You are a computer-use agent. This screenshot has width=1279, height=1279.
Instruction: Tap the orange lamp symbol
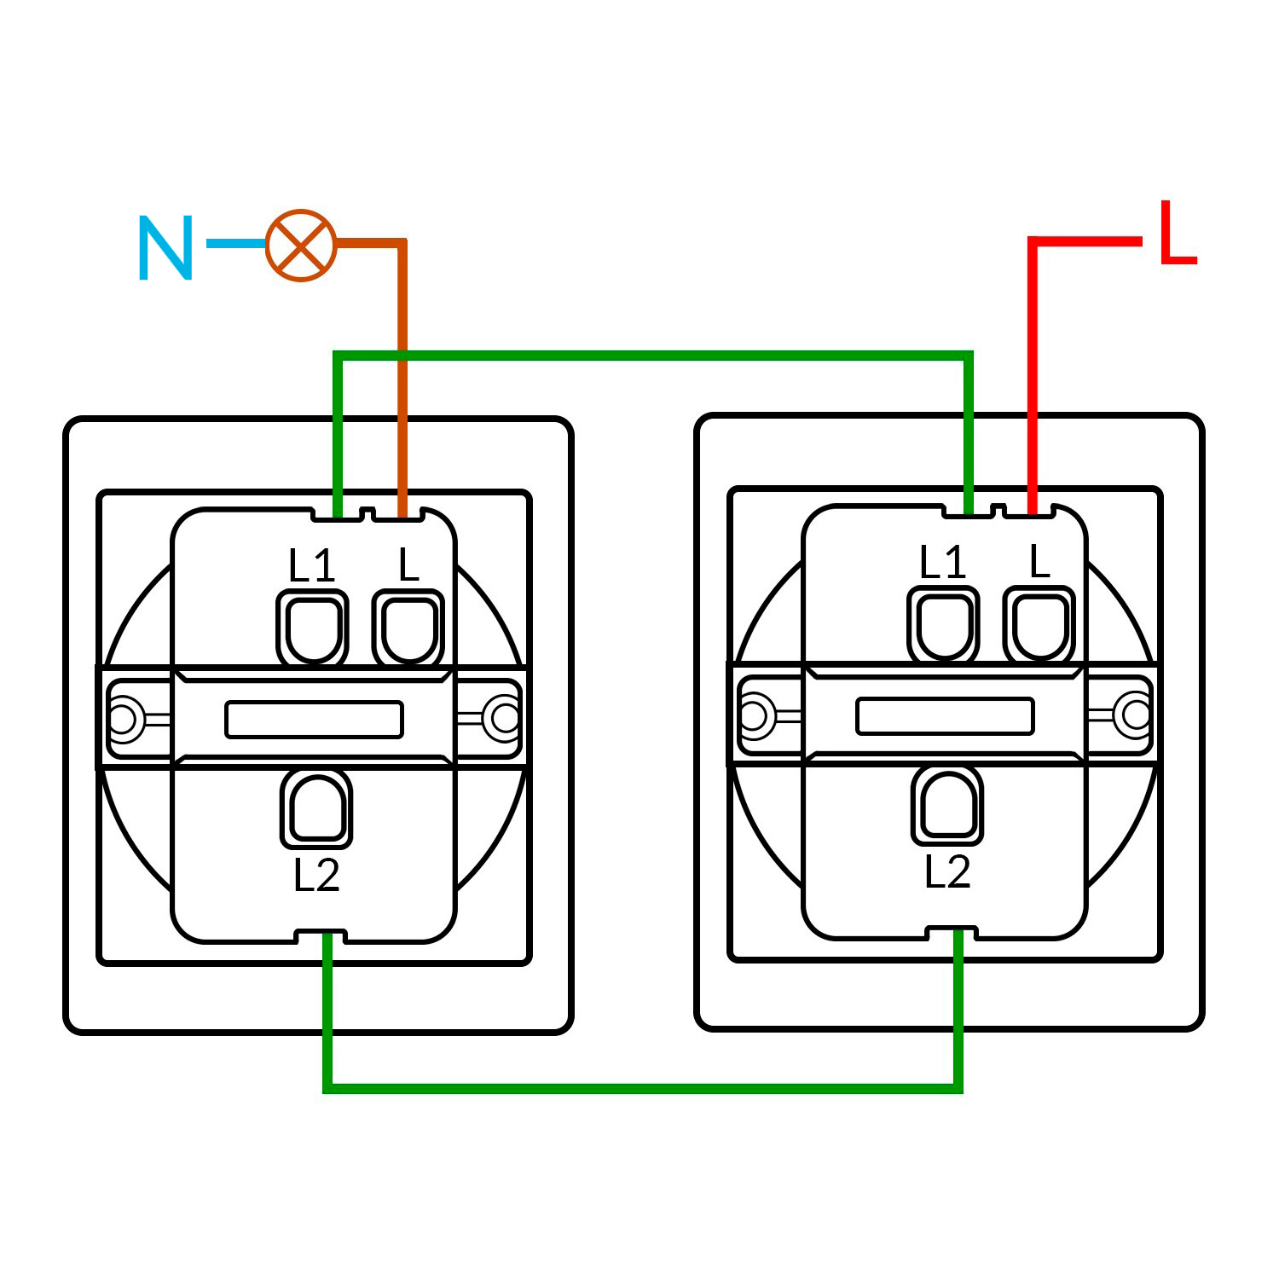[x=301, y=245]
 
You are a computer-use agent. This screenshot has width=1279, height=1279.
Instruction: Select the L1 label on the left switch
[x=311, y=565]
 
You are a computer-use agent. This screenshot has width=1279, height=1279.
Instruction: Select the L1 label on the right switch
[x=942, y=562]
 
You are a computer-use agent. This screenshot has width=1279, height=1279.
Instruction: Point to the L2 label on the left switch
[x=316, y=875]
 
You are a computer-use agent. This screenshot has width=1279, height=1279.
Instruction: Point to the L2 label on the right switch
[x=947, y=871]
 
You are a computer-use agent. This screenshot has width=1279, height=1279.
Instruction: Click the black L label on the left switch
[x=409, y=564]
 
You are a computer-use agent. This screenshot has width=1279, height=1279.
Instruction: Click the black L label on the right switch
[x=1039, y=561]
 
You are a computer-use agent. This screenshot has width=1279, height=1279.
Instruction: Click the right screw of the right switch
[x=1136, y=714]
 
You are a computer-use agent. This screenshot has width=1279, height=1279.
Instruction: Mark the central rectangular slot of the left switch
[x=314, y=719]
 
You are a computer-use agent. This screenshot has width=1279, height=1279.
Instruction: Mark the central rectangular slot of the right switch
[x=945, y=715]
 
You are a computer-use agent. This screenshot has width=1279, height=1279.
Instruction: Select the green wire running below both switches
[x=639, y=1088]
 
